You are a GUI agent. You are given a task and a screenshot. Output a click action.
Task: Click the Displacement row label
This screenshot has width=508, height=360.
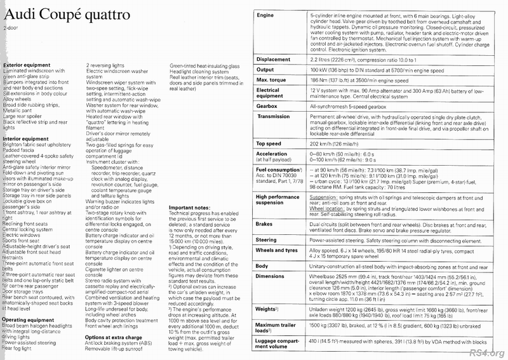[x=274, y=60]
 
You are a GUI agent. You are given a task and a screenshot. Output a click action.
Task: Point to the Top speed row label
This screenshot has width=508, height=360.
[x=270, y=144]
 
